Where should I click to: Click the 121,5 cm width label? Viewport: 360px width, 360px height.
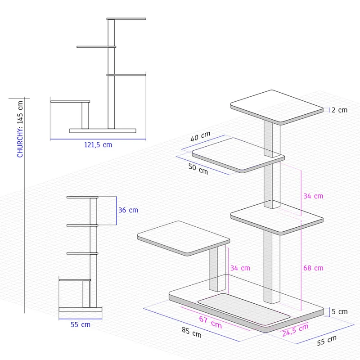[98, 145]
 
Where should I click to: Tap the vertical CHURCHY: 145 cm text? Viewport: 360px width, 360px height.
[20, 129]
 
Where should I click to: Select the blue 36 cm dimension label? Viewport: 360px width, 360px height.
[128, 210]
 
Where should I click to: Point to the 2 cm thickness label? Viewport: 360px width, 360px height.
[339, 110]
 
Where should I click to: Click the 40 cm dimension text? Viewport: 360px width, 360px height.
[200, 136]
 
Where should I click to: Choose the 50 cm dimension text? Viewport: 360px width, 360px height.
[198, 169]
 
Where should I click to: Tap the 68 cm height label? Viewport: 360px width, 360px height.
[313, 268]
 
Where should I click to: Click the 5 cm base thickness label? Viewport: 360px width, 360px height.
[340, 311]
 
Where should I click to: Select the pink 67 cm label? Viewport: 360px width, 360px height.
[210, 322]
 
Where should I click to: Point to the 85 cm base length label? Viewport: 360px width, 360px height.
[192, 333]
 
